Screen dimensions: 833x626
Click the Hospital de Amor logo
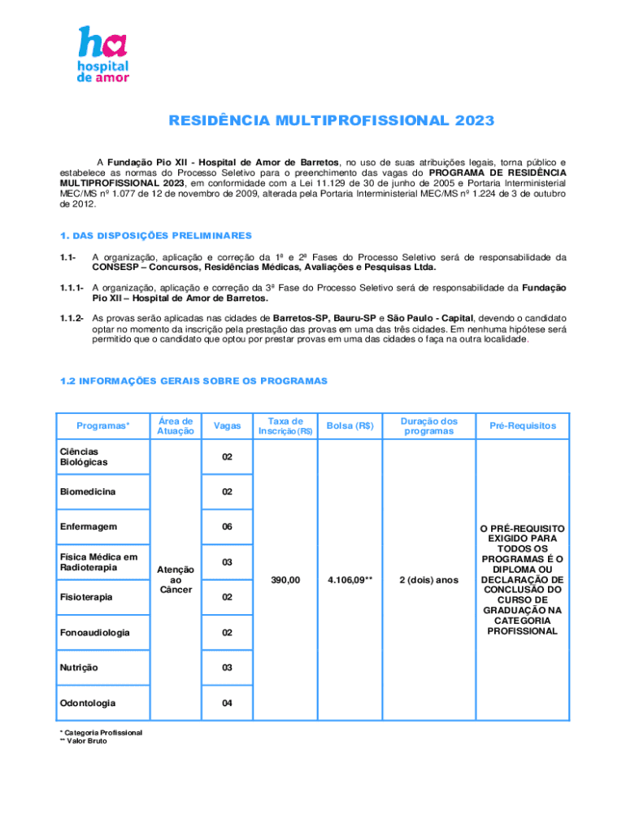click(102, 54)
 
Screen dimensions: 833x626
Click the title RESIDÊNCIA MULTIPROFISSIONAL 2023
click(331, 121)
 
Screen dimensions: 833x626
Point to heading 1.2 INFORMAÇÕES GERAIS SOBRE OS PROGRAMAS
click(193, 381)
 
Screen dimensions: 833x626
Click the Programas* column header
click(102, 426)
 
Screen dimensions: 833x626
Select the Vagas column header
click(227, 426)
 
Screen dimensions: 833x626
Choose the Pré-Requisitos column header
click(522, 426)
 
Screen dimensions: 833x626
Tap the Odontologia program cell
click(86, 703)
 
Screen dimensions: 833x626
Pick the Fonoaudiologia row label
click(93, 632)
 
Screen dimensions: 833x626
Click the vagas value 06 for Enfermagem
click(227, 527)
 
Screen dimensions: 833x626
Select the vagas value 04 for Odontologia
click(227, 703)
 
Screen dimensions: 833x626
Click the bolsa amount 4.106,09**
click(350, 580)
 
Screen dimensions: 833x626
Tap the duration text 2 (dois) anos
click(428, 580)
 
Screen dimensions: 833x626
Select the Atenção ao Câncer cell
click(176, 579)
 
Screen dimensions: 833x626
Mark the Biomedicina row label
click(86, 492)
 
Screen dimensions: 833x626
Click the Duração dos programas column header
click(428, 426)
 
